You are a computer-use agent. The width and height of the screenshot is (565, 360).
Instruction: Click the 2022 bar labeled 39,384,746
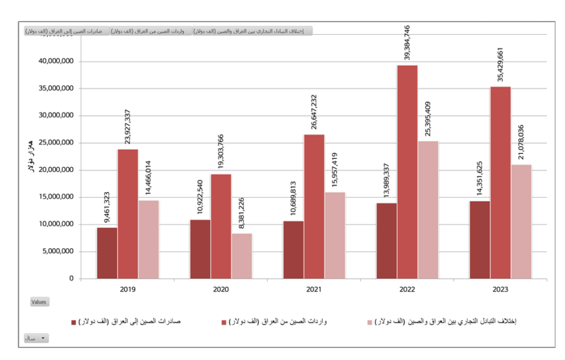(x=408, y=172)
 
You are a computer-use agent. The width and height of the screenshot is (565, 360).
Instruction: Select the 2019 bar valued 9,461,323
(x=107, y=253)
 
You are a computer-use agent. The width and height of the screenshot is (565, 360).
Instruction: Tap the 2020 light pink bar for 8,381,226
(x=242, y=256)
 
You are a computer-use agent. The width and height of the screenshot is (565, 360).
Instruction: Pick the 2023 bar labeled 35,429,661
(x=501, y=183)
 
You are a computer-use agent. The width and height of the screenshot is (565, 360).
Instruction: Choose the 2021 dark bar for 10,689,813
(x=293, y=250)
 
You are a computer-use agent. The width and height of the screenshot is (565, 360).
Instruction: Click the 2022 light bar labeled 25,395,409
(x=428, y=210)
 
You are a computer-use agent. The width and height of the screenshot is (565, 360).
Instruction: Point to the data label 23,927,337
(x=128, y=127)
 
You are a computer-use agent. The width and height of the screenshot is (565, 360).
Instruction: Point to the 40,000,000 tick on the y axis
(x=55, y=61)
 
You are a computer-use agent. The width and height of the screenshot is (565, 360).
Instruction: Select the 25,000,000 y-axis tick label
(x=55, y=143)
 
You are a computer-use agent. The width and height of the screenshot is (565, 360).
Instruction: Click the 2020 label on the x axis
(x=221, y=290)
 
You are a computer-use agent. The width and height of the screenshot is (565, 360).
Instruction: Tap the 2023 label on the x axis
(x=500, y=290)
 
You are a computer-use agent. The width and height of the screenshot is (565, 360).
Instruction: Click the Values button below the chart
(x=40, y=302)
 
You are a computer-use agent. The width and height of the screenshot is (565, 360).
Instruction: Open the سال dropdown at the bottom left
(x=36, y=338)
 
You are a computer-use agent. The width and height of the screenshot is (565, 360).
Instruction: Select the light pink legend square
(x=370, y=322)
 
